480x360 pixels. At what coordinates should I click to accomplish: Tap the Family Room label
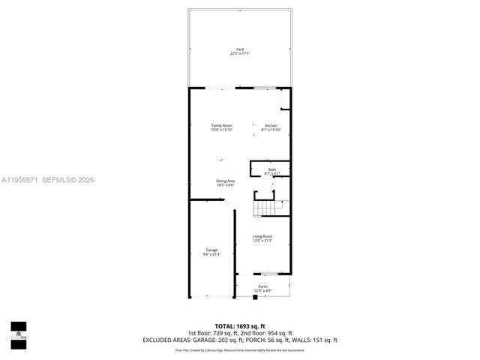[x=221, y=125]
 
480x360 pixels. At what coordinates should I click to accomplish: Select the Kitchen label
[x=271, y=125]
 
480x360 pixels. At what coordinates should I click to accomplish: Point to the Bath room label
[x=271, y=169]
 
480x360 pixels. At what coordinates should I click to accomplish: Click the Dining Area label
[x=226, y=181]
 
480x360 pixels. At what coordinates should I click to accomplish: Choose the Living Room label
[x=262, y=236]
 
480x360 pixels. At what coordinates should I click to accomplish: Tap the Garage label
[x=211, y=250]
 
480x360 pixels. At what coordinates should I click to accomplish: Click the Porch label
[x=262, y=286]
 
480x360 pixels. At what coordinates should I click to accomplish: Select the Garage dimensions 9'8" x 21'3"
[x=211, y=254]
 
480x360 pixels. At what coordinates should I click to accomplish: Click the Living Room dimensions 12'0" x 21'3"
[x=262, y=241]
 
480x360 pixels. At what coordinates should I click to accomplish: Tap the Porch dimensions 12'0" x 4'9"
[x=262, y=290]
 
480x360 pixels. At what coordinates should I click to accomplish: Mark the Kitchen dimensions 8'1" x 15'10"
[x=271, y=130]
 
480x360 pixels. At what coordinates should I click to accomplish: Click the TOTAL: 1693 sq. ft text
[x=240, y=325]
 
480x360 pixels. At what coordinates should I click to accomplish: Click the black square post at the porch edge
[x=255, y=297]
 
